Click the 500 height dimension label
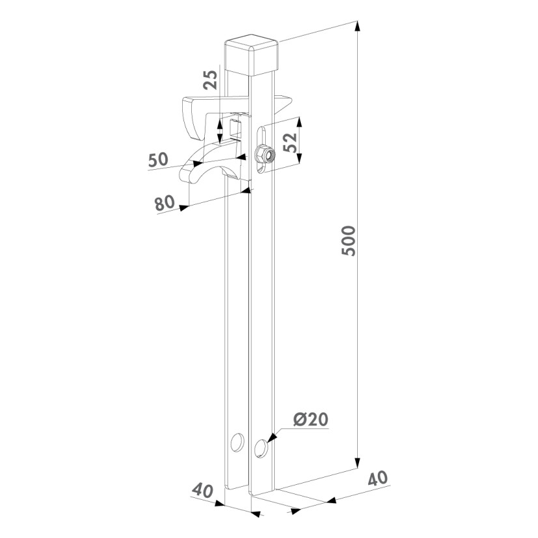tap(349, 240)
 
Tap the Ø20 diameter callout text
tap(311, 419)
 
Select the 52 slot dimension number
tap(290, 142)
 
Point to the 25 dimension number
tap(210, 80)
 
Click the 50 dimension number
tap(159, 159)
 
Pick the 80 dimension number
tap(165, 203)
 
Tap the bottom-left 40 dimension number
tap(202, 490)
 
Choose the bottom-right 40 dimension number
tap(378, 478)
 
